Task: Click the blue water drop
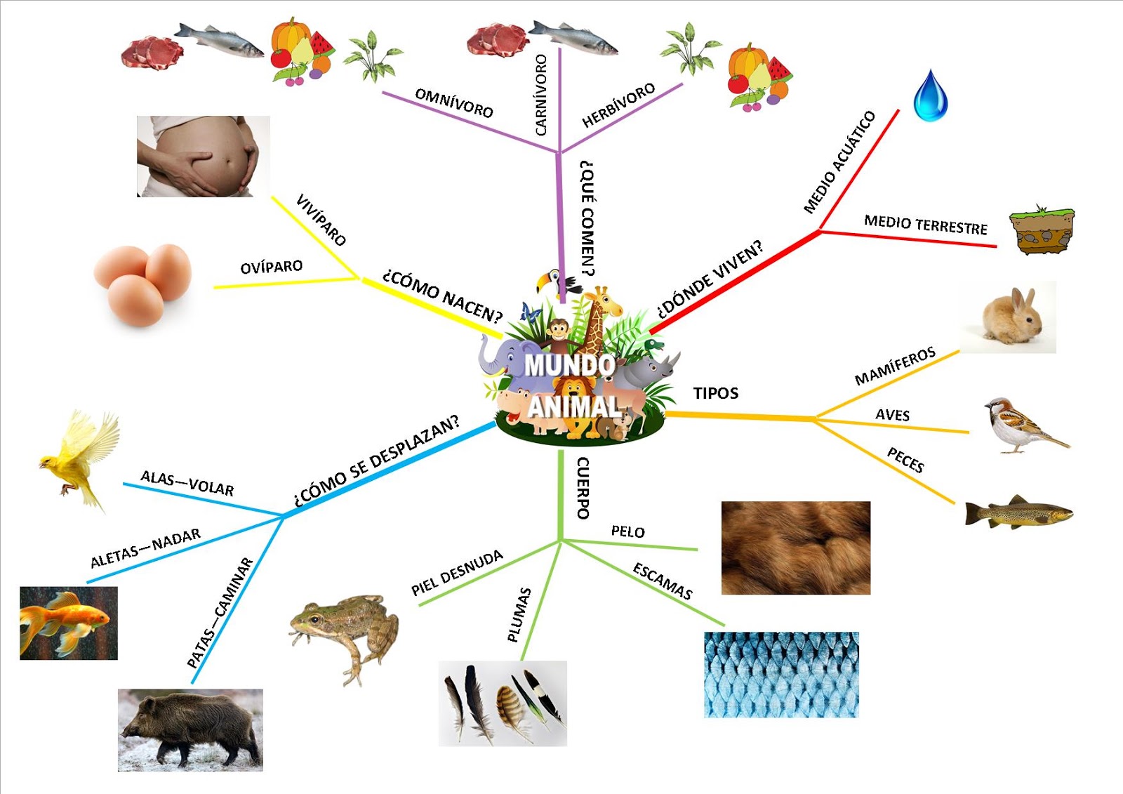[x=931, y=96]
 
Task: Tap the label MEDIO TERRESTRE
[x=926, y=225]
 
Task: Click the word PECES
[x=905, y=461]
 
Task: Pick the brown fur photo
[x=796, y=548]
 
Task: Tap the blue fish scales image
[x=781, y=675]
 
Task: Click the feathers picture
[x=503, y=703]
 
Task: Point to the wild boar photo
[x=190, y=729]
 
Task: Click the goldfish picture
[x=68, y=623]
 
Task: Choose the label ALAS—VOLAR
[x=187, y=483]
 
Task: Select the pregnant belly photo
[x=203, y=156]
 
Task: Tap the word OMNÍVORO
[x=454, y=102]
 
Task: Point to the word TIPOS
[x=716, y=393]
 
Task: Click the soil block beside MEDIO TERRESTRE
[x=1042, y=231]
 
